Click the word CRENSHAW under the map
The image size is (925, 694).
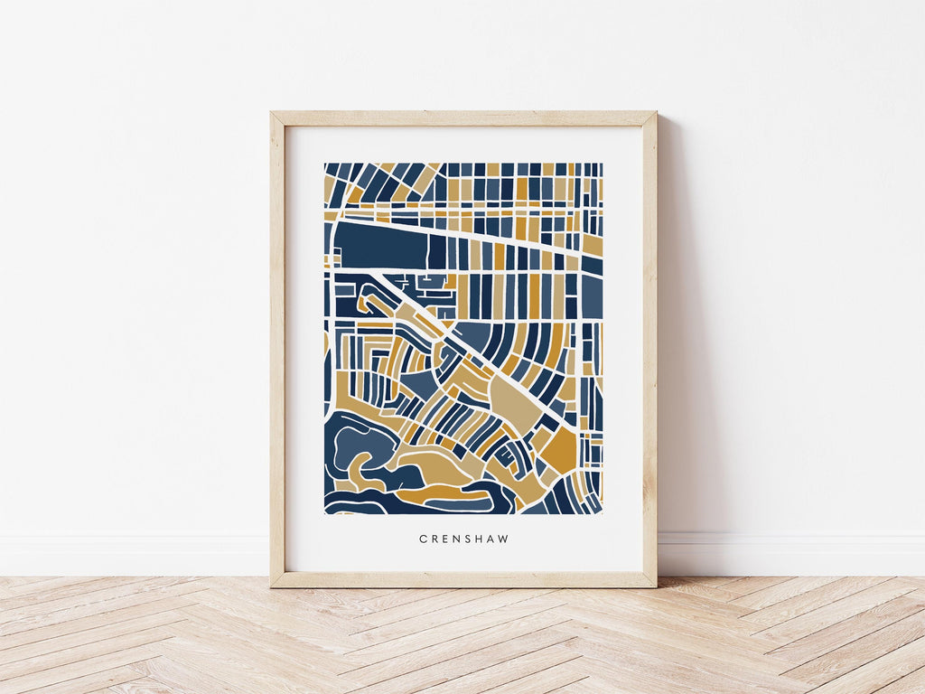463,539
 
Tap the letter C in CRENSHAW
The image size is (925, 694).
423,539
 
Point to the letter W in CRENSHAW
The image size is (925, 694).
504,539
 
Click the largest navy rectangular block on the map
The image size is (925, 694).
379,245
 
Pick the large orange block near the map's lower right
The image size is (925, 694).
561,449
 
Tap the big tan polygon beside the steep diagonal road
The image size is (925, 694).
516,399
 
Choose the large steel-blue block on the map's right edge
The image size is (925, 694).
592,295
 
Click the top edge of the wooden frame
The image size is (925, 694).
463,117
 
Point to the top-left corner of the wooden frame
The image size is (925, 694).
274,115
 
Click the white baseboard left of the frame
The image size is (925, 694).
135,553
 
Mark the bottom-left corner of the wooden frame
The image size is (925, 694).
274,584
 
